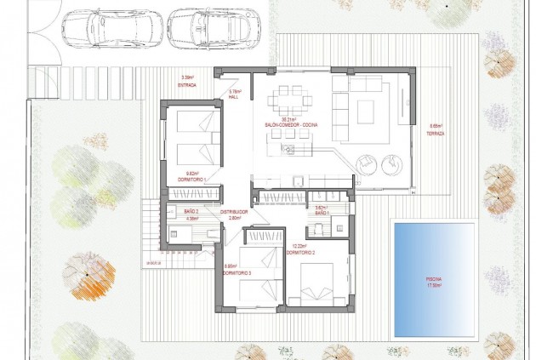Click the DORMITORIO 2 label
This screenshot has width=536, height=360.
[x=300, y=253]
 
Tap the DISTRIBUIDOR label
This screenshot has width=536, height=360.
[x=234, y=212]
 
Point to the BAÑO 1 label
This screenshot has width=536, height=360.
[x=322, y=213]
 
